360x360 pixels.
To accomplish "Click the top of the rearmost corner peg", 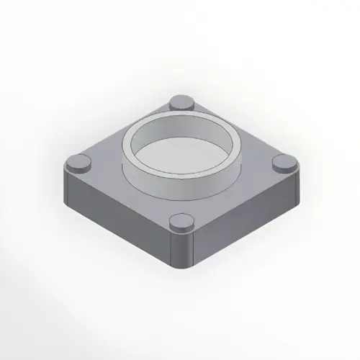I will point(180,102).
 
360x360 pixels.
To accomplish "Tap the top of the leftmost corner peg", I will point(78,161).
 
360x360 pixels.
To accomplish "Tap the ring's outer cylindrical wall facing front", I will point(180,189).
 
